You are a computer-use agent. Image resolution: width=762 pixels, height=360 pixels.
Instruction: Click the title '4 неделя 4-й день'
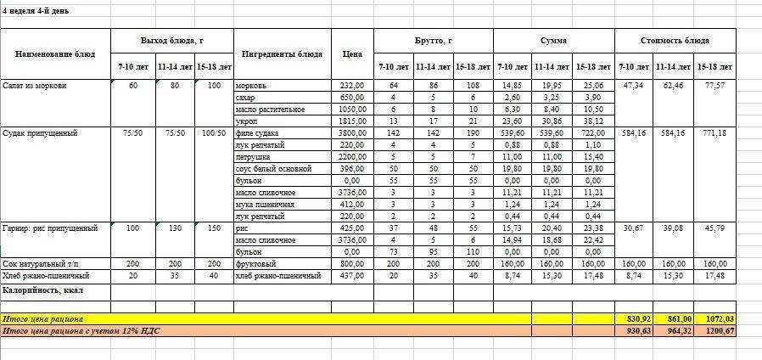click(36, 11)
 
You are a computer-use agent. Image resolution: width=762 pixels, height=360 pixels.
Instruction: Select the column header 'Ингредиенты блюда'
click(282, 54)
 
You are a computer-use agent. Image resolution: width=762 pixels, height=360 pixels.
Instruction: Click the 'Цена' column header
click(352, 54)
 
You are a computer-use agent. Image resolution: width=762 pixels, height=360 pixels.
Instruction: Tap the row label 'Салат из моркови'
click(35, 86)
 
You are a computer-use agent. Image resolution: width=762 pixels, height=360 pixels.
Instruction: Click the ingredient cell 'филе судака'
click(257, 133)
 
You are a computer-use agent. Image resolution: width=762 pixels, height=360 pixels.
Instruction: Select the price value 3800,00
click(352, 133)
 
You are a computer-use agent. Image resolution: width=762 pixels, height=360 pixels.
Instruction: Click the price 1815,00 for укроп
click(352, 121)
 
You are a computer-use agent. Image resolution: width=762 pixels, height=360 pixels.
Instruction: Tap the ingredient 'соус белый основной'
click(271, 169)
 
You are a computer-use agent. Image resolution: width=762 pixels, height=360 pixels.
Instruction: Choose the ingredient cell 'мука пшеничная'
click(265, 205)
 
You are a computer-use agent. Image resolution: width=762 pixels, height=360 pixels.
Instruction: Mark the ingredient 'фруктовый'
click(255, 264)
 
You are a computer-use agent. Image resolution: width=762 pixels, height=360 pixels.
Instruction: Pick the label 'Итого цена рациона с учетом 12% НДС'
click(81, 330)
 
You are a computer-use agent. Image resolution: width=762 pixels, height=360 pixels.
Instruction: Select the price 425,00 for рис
click(352, 228)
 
